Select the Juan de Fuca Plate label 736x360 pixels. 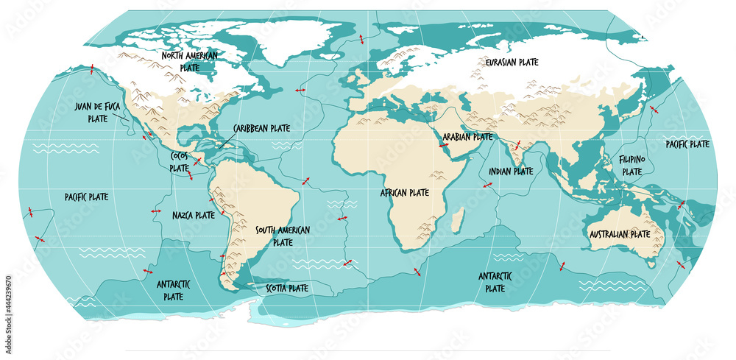tap(96, 112)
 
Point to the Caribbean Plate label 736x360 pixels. tap(261, 128)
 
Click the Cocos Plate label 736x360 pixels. tap(180, 161)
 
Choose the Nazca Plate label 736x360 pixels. tap(194, 216)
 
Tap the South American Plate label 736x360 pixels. tap(283, 236)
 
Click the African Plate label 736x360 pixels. tap(404, 193)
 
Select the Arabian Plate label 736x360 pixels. tap(468, 136)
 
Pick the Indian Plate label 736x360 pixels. tap(511, 171)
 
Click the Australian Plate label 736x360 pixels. tap(619, 234)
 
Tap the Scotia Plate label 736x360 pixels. tap(286, 289)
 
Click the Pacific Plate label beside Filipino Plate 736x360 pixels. tap(687, 144)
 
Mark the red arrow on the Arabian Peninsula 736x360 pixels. tap(444, 146)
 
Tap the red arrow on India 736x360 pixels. tap(517, 144)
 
